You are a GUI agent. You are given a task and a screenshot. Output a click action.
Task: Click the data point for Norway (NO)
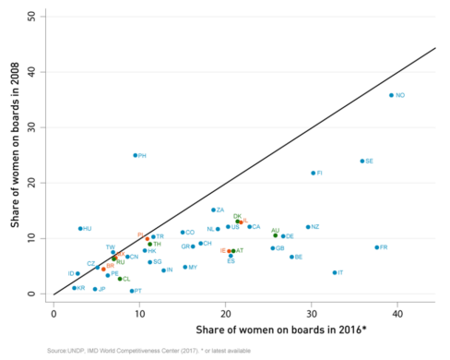[391, 95]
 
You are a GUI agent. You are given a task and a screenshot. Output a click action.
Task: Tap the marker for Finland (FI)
[314, 173]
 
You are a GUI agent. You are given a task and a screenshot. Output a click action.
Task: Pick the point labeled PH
[135, 155]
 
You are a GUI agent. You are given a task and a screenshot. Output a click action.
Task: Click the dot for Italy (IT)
[335, 272]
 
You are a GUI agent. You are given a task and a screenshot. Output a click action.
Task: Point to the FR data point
[376, 247]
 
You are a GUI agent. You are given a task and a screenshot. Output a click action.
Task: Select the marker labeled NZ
[308, 227]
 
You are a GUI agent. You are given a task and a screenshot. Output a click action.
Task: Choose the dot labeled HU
[80, 228]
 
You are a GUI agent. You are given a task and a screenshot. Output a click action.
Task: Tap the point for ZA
[213, 210]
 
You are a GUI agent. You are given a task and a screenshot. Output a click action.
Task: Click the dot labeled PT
[132, 291]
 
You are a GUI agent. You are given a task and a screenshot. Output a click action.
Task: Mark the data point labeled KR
[75, 288]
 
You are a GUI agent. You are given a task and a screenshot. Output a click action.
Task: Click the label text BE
[299, 257]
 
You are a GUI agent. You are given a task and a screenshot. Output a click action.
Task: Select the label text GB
[280, 248]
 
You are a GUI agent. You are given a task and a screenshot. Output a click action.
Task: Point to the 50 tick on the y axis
[33, 17]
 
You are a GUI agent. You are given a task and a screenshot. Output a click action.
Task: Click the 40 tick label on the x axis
[397, 314]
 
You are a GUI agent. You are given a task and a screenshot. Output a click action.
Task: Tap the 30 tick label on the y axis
[33, 127]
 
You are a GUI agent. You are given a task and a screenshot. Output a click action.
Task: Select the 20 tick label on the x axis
[225, 314]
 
